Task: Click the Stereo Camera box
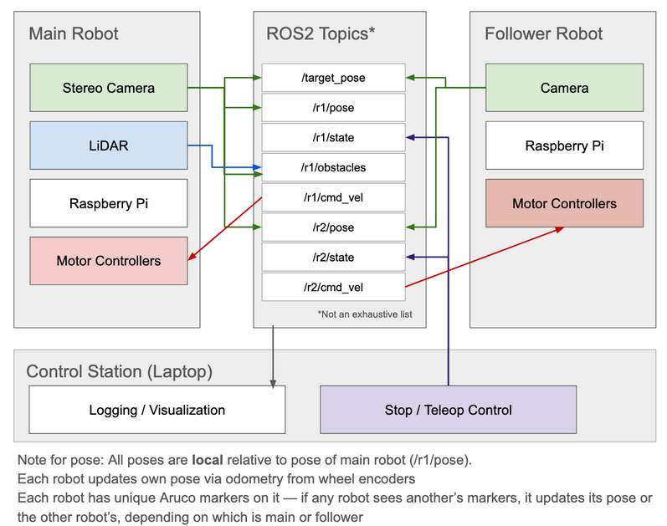click(108, 88)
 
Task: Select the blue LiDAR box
click(108, 146)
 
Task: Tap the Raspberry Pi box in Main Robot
click(108, 202)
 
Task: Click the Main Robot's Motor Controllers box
click(108, 261)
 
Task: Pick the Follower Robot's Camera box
click(564, 88)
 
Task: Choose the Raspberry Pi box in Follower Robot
click(564, 146)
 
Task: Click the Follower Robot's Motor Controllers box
click(564, 203)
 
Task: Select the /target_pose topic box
click(333, 78)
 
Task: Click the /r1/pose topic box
click(333, 108)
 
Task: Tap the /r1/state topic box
click(333, 137)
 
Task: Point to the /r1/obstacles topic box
click(333, 167)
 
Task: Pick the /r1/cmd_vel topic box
click(333, 197)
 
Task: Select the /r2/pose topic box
click(333, 227)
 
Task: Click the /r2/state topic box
click(333, 257)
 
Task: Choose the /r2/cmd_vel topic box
click(333, 287)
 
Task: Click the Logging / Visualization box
click(157, 410)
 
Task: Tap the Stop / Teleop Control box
click(448, 410)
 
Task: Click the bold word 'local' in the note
click(208, 460)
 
